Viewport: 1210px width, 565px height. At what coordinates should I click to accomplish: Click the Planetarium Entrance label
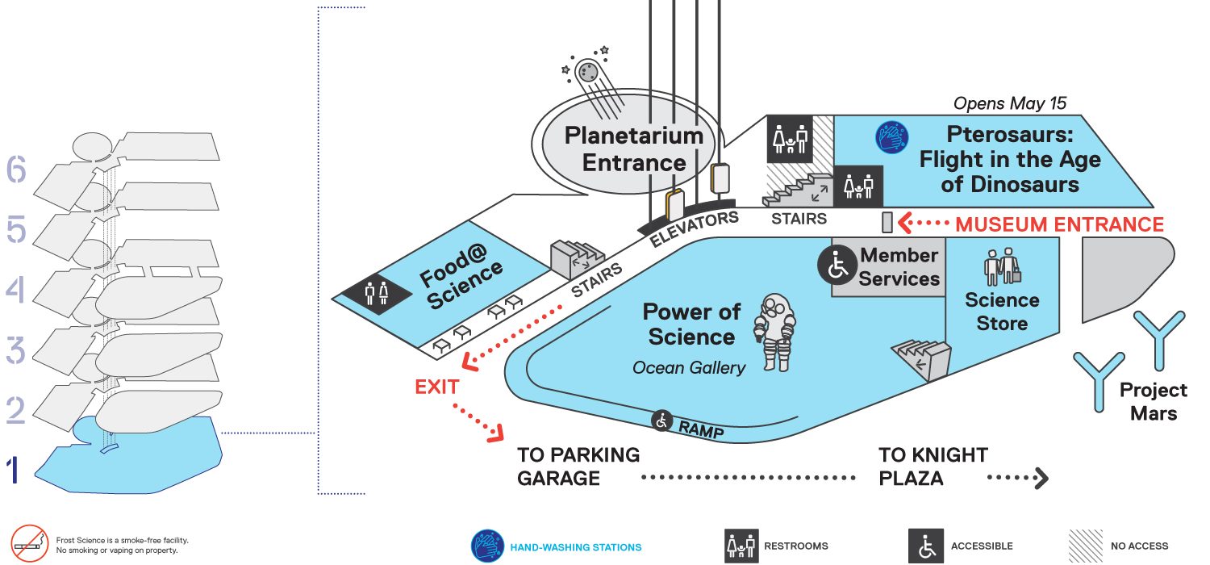point(633,149)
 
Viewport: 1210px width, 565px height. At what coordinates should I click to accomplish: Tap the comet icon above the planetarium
point(591,81)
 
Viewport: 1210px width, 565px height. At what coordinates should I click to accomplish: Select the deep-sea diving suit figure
point(775,333)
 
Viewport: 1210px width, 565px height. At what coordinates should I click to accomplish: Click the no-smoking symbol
point(30,543)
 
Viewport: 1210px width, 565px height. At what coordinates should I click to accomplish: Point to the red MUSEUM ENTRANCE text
point(1059,224)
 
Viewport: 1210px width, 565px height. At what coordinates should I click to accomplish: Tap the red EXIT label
point(437,387)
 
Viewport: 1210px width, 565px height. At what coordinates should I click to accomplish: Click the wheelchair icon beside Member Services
point(837,265)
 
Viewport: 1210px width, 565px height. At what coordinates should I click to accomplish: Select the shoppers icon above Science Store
point(1002,266)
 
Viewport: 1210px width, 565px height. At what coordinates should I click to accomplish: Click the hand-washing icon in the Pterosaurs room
point(892,136)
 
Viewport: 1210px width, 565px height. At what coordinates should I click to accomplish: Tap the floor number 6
point(16,169)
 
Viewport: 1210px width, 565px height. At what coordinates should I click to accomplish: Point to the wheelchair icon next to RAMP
point(661,420)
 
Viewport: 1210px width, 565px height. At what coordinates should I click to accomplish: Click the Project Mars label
point(1154,401)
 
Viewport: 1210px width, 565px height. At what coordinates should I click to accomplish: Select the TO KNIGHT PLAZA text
point(933,467)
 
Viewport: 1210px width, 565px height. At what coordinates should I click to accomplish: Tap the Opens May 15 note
point(1010,103)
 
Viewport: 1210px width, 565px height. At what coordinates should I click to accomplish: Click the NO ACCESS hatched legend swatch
point(1085,546)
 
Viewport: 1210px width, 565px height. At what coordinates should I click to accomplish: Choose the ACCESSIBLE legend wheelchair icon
point(926,546)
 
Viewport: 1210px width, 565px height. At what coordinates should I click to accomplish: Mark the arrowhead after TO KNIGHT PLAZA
point(1042,478)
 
